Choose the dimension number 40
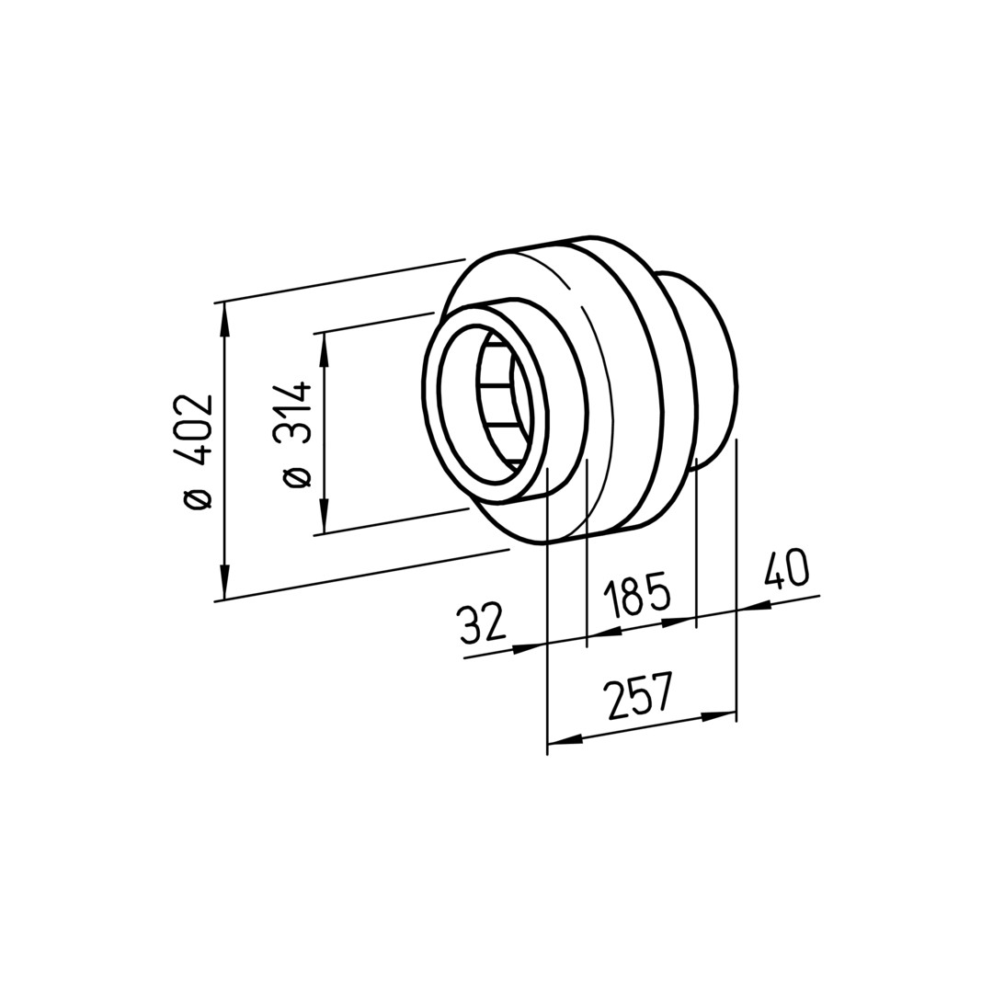coord(786,569)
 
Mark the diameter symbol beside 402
coord(197,499)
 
